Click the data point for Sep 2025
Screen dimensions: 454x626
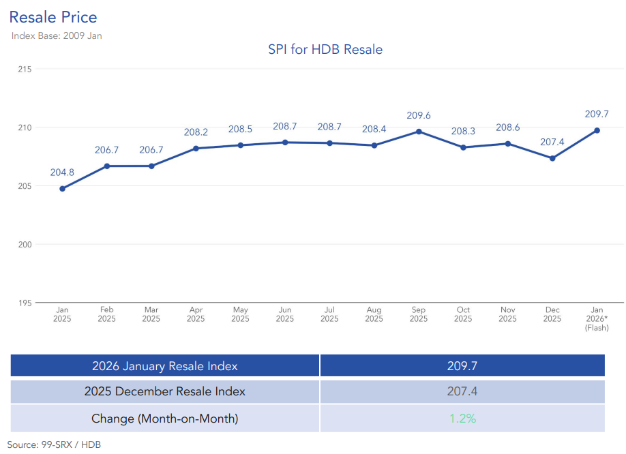point(419,132)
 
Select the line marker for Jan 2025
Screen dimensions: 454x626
point(62,189)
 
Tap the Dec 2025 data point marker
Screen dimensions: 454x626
point(552,158)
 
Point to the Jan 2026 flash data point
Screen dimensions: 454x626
point(597,130)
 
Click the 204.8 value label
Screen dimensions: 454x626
point(62,172)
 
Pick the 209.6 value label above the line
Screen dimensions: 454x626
point(419,115)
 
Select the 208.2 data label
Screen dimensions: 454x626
point(196,132)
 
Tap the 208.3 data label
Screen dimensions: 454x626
point(463,131)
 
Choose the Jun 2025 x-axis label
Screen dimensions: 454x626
point(285,314)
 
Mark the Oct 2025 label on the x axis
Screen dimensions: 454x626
point(463,314)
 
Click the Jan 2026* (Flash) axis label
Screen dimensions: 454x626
point(597,318)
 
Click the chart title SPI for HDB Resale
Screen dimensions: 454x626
point(325,49)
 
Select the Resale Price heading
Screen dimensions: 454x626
point(53,17)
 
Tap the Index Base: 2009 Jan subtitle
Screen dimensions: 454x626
point(57,35)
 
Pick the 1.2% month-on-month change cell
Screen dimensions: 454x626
point(462,419)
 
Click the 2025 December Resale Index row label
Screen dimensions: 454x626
point(165,392)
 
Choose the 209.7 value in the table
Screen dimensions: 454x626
point(462,366)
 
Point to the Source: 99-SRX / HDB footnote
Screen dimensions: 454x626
point(55,444)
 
